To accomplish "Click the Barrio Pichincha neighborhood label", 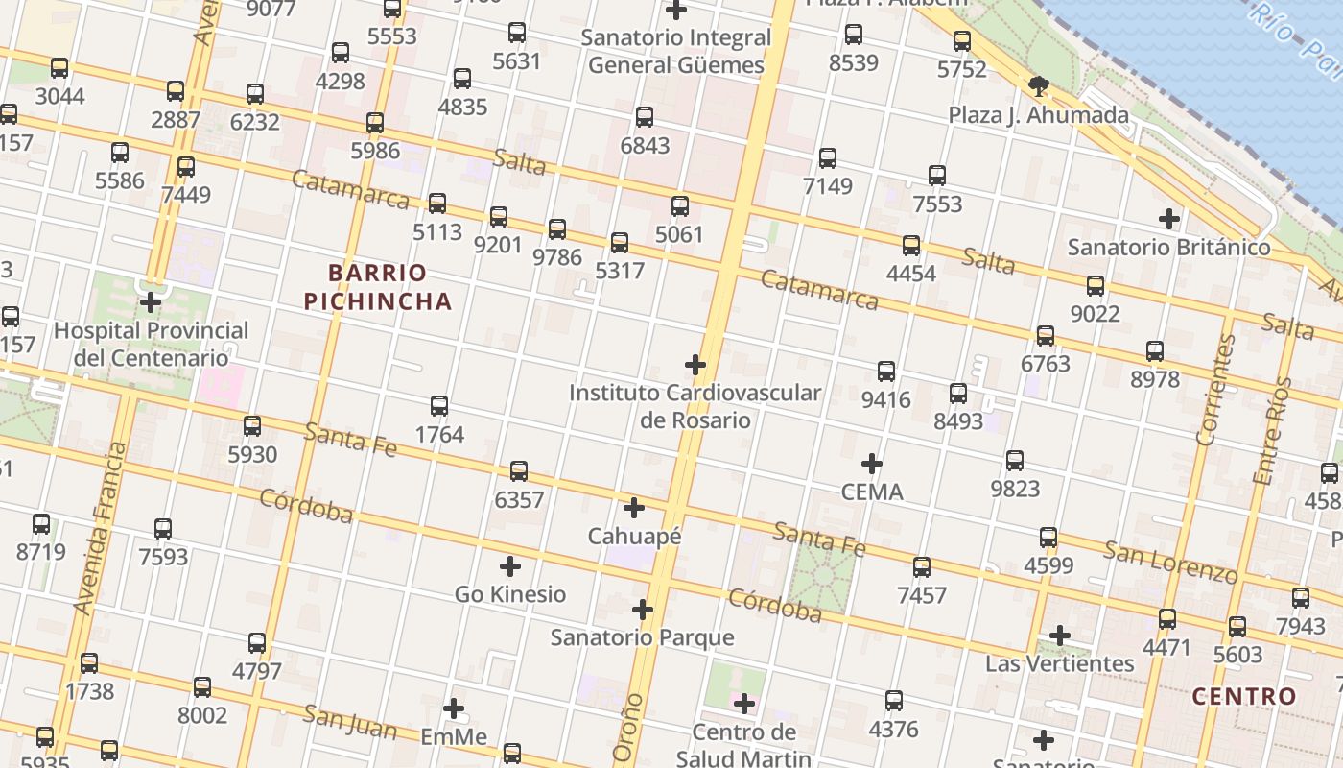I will (x=377, y=287).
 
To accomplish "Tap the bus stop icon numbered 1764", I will (x=439, y=406).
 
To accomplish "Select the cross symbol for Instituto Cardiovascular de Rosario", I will (x=695, y=365).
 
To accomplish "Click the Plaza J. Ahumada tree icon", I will (x=1038, y=87).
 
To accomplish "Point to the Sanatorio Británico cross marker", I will (x=1168, y=219).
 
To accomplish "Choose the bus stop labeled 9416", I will (x=886, y=372).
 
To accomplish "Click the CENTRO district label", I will (x=1244, y=697).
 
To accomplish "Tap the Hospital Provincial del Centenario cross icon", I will (x=151, y=302).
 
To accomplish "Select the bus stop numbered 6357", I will (x=519, y=471).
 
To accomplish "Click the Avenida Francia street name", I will (x=100, y=528).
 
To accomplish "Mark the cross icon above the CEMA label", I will (x=871, y=465).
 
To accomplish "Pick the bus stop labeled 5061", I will (x=680, y=206).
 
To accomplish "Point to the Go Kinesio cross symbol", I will (x=510, y=566).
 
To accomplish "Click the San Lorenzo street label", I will (x=1170, y=562).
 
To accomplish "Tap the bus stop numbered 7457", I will (x=922, y=567).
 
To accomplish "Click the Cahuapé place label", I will (x=634, y=537).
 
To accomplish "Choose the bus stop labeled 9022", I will (x=1096, y=286).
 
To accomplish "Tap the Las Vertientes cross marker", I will (x=1059, y=636).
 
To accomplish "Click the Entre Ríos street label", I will (x=1273, y=431).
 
